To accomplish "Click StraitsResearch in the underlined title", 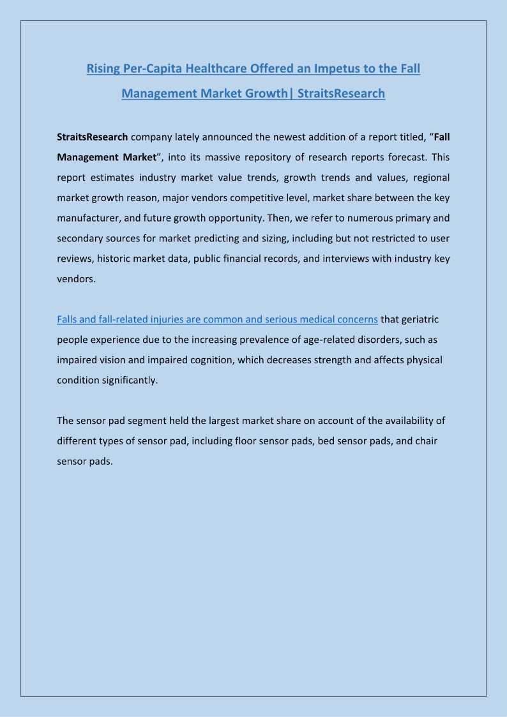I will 341,93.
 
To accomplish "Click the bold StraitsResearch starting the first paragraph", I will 93,137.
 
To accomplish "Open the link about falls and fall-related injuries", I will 217,319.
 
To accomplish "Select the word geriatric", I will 419,319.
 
